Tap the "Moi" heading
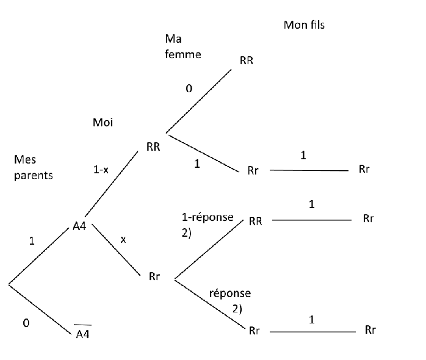[x=103, y=123]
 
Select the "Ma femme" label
[x=183, y=46]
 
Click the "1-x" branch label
[x=101, y=171]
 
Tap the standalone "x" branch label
[x=123, y=240]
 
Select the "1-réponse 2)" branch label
[x=203, y=223]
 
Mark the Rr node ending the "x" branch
[x=154, y=276]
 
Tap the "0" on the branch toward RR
[x=189, y=89]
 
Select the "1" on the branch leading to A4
[x=32, y=241]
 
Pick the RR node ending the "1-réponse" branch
[x=255, y=221]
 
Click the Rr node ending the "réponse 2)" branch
[x=255, y=331]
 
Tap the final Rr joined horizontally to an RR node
[x=368, y=218]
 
